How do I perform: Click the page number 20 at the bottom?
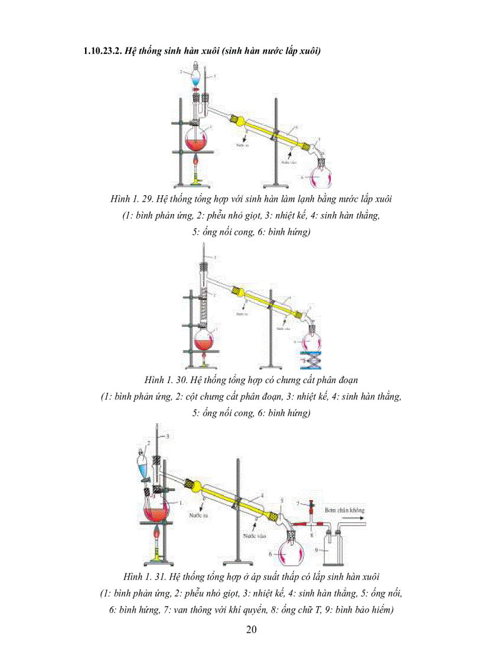click(251, 629)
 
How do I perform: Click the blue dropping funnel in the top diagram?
click(196, 77)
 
